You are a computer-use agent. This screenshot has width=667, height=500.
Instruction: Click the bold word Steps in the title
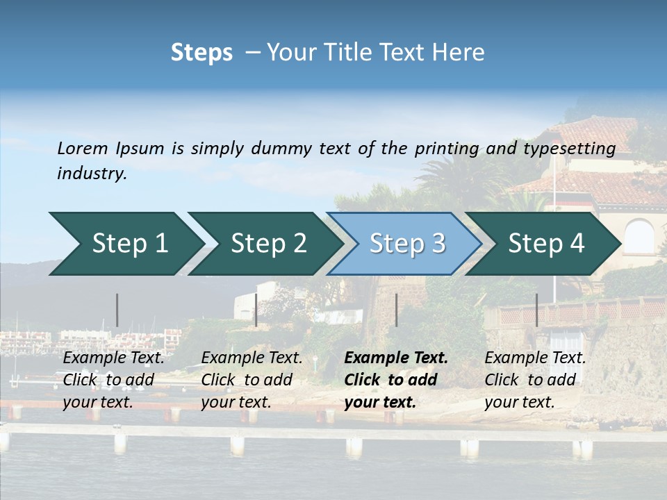pyautogui.click(x=201, y=53)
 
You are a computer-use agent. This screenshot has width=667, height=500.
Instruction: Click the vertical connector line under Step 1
pyautogui.click(x=117, y=310)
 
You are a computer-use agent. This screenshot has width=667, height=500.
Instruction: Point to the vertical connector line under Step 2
pyautogui.click(x=256, y=310)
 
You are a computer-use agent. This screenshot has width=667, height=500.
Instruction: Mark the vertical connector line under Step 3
pyautogui.click(x=396, y=310)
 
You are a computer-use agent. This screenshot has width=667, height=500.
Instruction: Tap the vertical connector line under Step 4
pyautogui.click(x=536, y=310)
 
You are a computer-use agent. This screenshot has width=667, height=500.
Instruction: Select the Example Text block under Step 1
pyautogui.click(x=113, y=380)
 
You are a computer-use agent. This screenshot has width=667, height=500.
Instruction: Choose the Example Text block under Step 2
pyautogui.click(x=252, y=380)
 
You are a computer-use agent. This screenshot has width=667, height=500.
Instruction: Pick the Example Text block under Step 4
pyautogui.click(x=535, y=380)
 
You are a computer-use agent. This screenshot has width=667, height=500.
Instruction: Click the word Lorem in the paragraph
pyautogui.click(x=83, y=148)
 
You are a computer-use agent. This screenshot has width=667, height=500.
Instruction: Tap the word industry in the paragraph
pyautogui.click(x=92, y=174)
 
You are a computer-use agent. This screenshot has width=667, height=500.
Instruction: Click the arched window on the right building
pyautogui.click(x=639, y=237)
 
